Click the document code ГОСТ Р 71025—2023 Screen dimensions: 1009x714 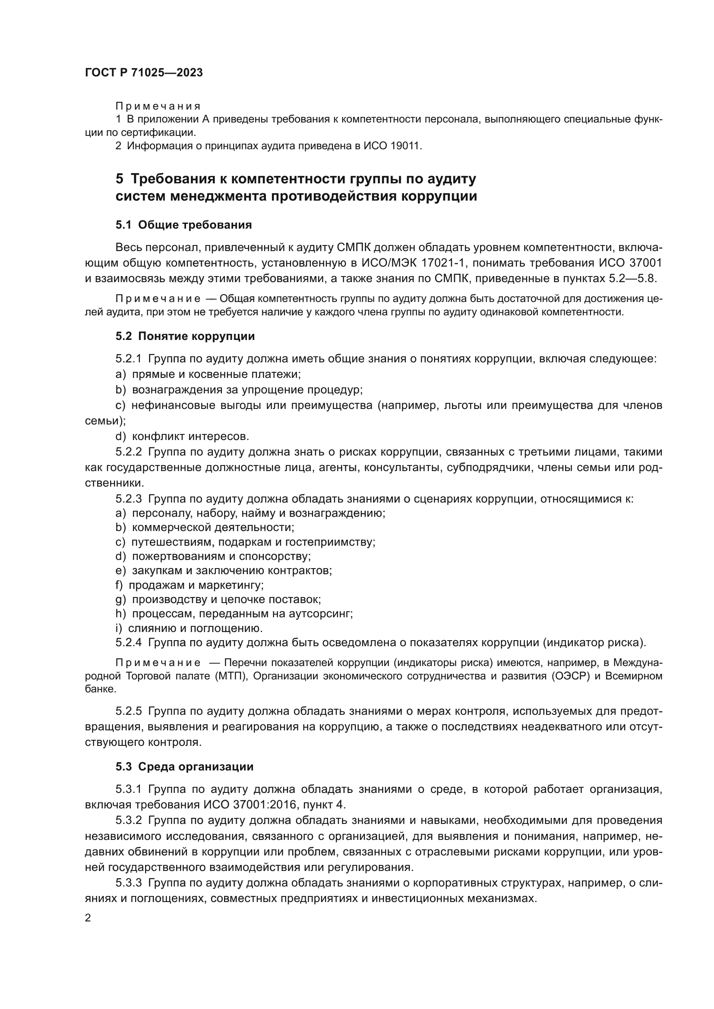tap(144, 72)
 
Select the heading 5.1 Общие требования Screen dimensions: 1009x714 tap(183, 225)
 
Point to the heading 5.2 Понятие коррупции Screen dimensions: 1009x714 tap(185, 336)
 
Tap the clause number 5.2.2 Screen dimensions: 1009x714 tap(128, 452)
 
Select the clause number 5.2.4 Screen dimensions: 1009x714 tap(128, 642)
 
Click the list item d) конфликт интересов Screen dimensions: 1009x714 tap(183, 437)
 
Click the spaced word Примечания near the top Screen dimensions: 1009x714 tap(158, 107)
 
